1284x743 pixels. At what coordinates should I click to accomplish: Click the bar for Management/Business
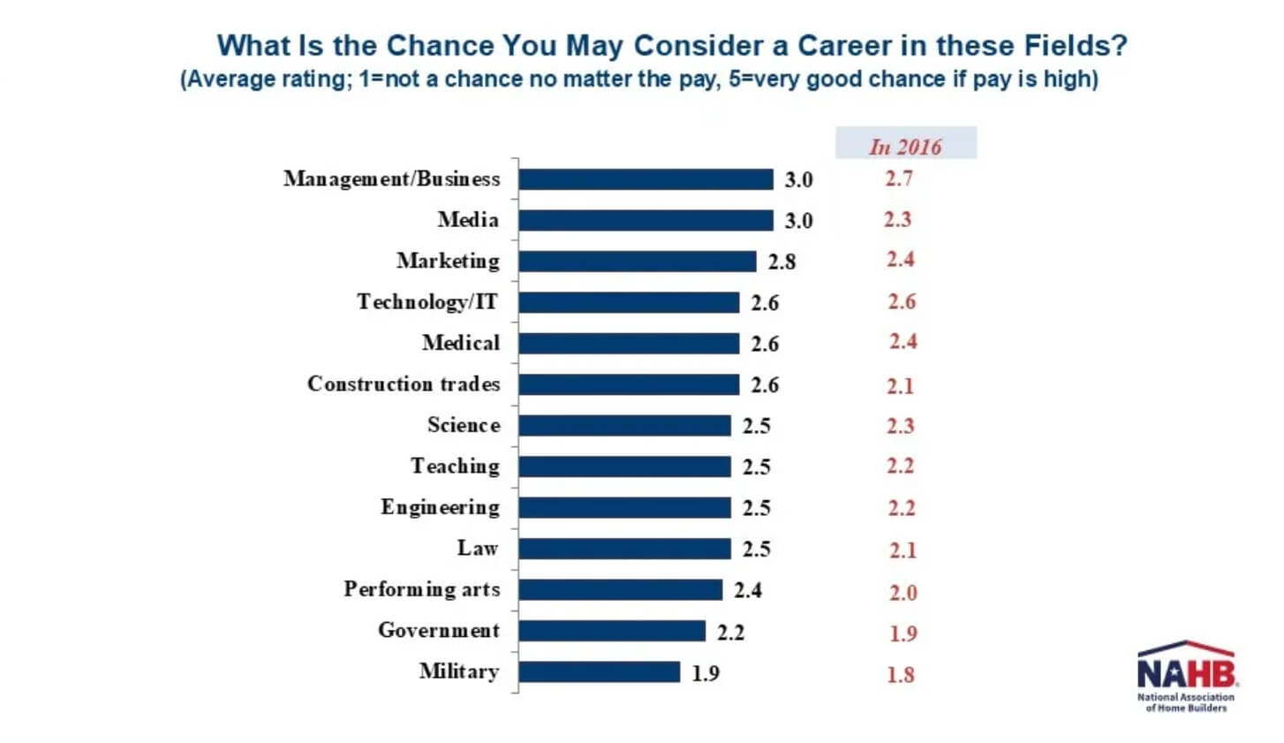click(x=646, y=179)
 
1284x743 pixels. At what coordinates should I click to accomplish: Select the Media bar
click(x=646, y=220)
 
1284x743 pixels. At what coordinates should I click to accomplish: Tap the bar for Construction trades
click(x=629, y=384)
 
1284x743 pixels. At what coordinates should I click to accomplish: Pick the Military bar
click(x=599, y=672)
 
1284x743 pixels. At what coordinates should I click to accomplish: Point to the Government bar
click(x=612, y=631)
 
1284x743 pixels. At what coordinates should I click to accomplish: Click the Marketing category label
click(x=448, y=261)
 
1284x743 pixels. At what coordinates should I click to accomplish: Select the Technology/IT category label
click(x=427, y=302)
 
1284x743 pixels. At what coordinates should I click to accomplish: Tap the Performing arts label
click(x=421, y=589)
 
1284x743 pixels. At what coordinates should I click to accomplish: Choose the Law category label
click(x=478, y=549)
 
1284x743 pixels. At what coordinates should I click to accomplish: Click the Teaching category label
click(x=455, y=466)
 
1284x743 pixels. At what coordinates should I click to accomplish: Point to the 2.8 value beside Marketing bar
click(x=782, y=262)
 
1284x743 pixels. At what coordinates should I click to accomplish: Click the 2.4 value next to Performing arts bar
click(x=748, y=590)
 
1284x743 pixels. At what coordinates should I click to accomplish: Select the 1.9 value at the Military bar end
click(x=706, y=673)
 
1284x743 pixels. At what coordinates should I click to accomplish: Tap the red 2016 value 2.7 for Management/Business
click(x=899, y=178)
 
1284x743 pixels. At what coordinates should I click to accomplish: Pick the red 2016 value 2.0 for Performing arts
click(x=903, y=593)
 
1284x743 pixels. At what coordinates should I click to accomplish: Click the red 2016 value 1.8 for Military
click(x=901, y=675)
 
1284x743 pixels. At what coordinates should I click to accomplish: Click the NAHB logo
click(x=1186, y=676)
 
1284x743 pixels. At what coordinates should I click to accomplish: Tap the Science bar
click(x=624, y=426)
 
